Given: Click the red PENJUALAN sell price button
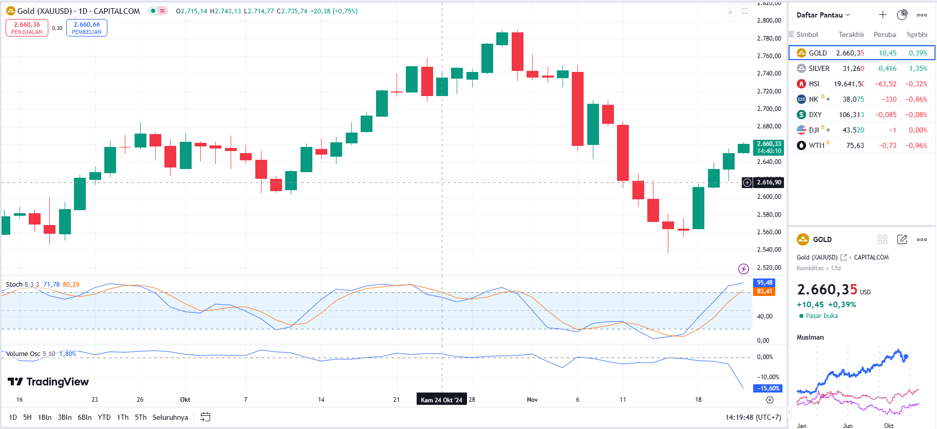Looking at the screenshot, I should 27,28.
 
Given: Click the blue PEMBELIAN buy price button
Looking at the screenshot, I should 86,28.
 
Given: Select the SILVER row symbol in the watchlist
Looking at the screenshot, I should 819,68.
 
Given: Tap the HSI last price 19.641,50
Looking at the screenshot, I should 849,84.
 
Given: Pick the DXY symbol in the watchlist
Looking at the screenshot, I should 815,115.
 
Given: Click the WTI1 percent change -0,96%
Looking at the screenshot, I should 916,145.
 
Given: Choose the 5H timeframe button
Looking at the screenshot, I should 27,417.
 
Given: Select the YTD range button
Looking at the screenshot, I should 104,417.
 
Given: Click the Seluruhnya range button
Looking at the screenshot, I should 170,417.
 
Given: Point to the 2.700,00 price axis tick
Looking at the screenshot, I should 769,109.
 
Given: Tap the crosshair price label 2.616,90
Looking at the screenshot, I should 769,182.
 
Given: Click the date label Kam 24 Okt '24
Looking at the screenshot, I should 441,400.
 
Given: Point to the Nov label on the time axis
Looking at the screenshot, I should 532,400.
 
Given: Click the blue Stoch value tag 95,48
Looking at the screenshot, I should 764,283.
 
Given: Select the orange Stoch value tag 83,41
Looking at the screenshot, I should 764,291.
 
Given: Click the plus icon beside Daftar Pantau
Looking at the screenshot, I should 883,15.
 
